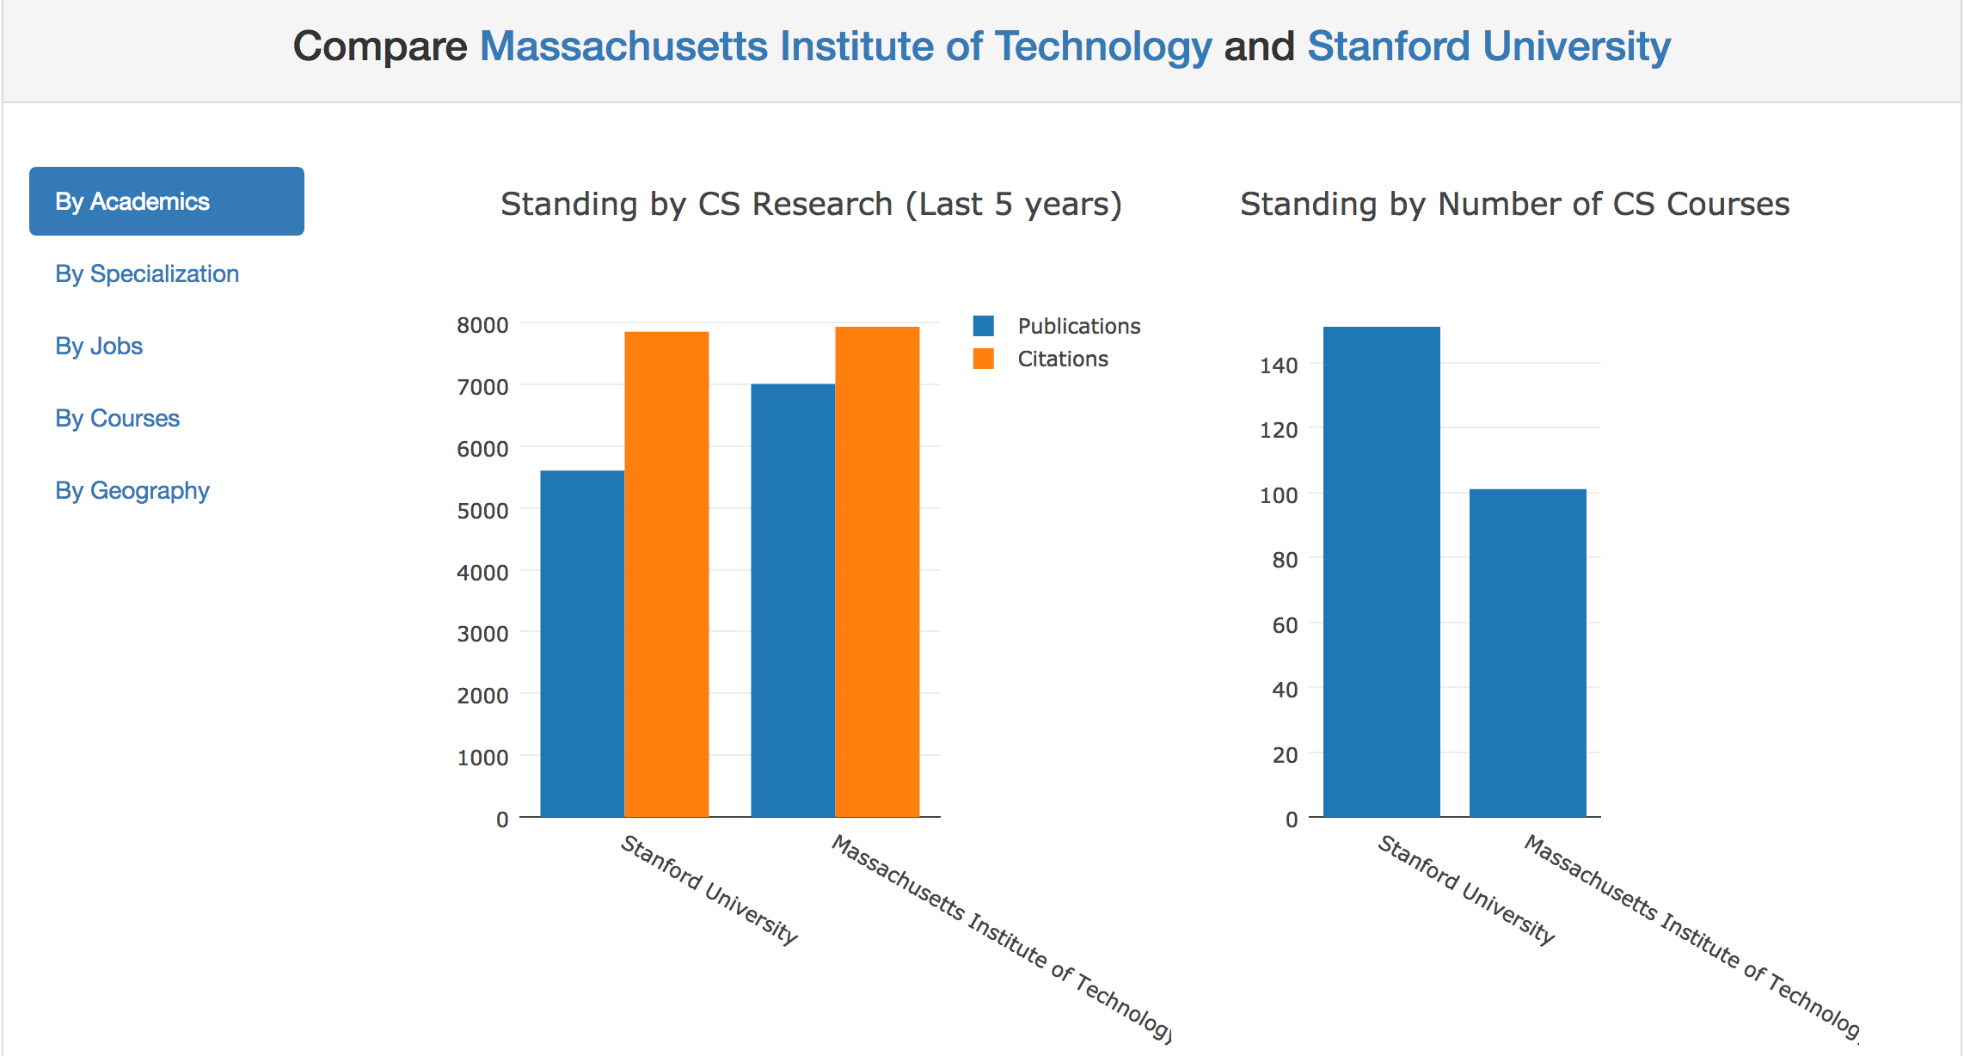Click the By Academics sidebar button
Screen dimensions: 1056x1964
pos(166,201)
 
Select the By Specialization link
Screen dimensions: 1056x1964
pos(147,273)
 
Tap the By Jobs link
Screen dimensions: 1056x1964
pos(99,346)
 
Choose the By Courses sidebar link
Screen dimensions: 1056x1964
pos(118,418)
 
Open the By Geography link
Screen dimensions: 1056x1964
pos(132,490)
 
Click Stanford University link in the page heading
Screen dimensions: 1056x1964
pos(1488,46)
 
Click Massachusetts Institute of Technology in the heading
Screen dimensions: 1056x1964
pos(845,46)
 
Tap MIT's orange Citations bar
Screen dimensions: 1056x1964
pos(877,571)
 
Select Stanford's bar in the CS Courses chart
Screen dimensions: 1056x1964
pos(1381,571)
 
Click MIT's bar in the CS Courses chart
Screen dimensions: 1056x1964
pos(1527,653)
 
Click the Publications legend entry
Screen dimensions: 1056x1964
pos(1078,326)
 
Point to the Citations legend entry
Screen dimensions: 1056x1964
pos(1062,359)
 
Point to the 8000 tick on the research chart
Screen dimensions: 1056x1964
pos(482,325)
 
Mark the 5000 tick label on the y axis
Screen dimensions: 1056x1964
pos(482,511)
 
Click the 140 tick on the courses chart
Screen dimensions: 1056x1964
pos(1279,365)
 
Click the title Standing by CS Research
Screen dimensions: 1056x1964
pos(811,204)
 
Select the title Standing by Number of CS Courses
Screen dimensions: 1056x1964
pos(1514,204)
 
